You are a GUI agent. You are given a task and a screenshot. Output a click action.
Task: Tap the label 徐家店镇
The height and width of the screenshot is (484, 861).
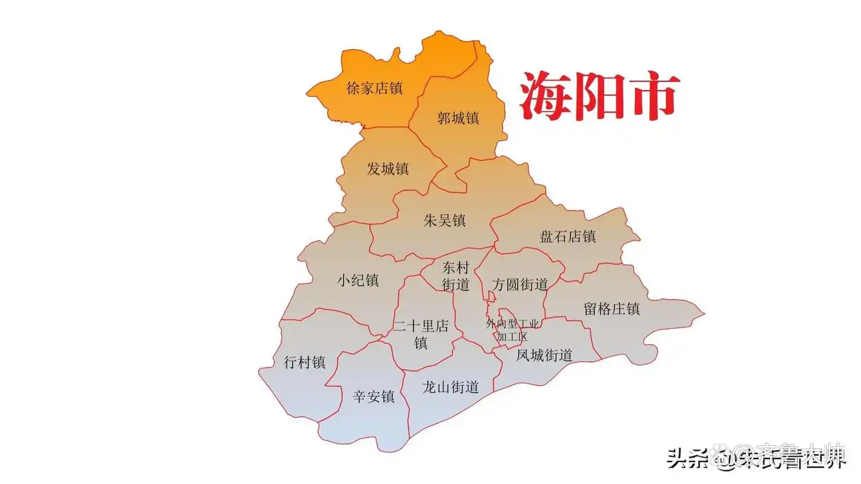pyautogui.click(x=374, y=88)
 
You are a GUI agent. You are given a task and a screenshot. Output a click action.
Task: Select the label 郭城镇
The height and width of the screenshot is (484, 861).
pyautogui.click(x=458, y=118)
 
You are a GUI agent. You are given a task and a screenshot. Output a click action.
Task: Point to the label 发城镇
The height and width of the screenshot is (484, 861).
pyautogui.click(x=388, y=169)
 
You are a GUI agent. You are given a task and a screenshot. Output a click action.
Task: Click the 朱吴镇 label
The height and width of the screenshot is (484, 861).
pyautogui.click(x=444, y=220)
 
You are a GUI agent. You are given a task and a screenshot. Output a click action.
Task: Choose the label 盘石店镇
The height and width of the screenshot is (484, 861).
pyautogui.click(x=567, y=237)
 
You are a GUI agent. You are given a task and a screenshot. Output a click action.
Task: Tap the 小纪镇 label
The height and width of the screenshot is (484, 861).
pyautogui.click(x=358, y=281)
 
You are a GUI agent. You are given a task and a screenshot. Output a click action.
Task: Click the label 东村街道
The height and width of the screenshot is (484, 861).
pyautogui.click(x=456, y=276)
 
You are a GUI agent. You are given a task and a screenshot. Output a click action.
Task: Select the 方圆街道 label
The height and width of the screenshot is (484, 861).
pyautogui.click(x=520, y=284)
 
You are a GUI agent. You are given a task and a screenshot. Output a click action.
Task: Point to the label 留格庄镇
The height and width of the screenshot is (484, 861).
pyautogui.click(x=612, y=309)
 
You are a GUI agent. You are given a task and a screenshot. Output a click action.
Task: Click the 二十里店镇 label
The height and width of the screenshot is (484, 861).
pyautogui.click(x=421, y=335)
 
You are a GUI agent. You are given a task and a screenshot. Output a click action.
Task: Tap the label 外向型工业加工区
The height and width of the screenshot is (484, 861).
pyautogui.click(x=512, y=330)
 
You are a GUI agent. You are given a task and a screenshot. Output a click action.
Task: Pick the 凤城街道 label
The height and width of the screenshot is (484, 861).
pyautogui.click(x=544, y=355)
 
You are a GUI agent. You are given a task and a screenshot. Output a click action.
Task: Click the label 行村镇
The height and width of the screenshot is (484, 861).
pyautogui.click(x=305, y=362)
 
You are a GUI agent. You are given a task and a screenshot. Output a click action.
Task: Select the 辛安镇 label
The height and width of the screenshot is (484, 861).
pyautogui.click(x=374, y=397)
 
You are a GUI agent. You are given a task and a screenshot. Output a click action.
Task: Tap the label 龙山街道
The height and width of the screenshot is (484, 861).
pyautogui.click(x=450, y=387)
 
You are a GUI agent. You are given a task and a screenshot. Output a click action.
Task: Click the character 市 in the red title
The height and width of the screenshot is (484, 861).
pyautogui.click(x=653, y=97)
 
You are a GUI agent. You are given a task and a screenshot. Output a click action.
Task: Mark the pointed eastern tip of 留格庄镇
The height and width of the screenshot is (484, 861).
pyautogui.click(x=704, y=314)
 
